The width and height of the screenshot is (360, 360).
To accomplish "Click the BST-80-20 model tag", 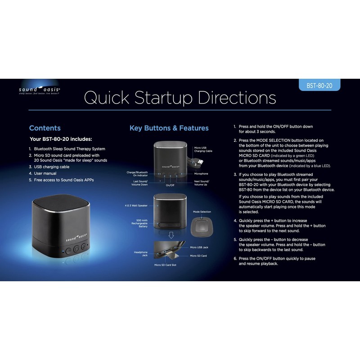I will (x=319, y=85).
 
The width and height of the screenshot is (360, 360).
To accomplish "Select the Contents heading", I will (x=45, y=128).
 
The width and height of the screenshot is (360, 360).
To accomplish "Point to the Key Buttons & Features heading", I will (x=169, y=128).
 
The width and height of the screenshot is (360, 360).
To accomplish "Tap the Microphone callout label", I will (x=201, y=173).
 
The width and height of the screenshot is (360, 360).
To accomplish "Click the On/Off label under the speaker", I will (x=170, y=185).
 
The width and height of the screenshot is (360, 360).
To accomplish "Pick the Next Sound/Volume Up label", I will (x=201, y=183).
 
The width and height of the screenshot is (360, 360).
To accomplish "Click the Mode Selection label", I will (x=202, y=211).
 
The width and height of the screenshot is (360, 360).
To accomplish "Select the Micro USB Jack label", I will (x=199, y=247).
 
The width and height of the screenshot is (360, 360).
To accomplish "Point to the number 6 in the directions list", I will (x=235, y=258).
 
